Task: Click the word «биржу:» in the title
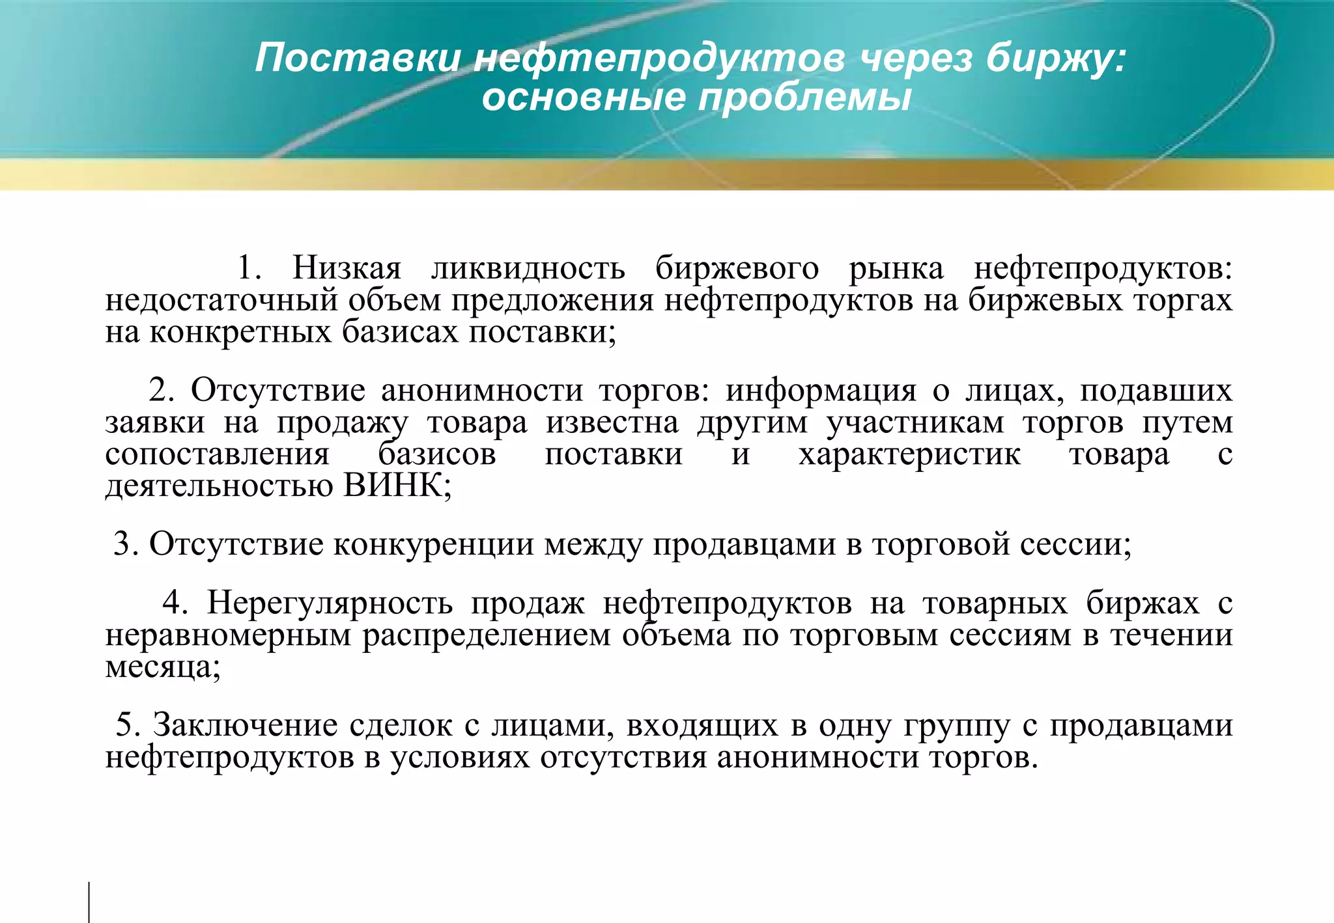click(x=1055, y=59)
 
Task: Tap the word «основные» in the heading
click(x=584, y=98)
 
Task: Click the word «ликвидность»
click(x=528, y=268)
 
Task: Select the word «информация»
click(x=821, y=391)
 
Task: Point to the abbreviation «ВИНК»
click(x=393, y=486)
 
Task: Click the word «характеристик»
click(x=909, y=454)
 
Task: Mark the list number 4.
click(x=175, y=603)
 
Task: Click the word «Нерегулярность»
click(x=330, y=603)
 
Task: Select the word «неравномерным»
click(x=228, y=635)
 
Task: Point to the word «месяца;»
click(x=163, y=667)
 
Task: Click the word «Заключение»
click(x=245, y=725)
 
